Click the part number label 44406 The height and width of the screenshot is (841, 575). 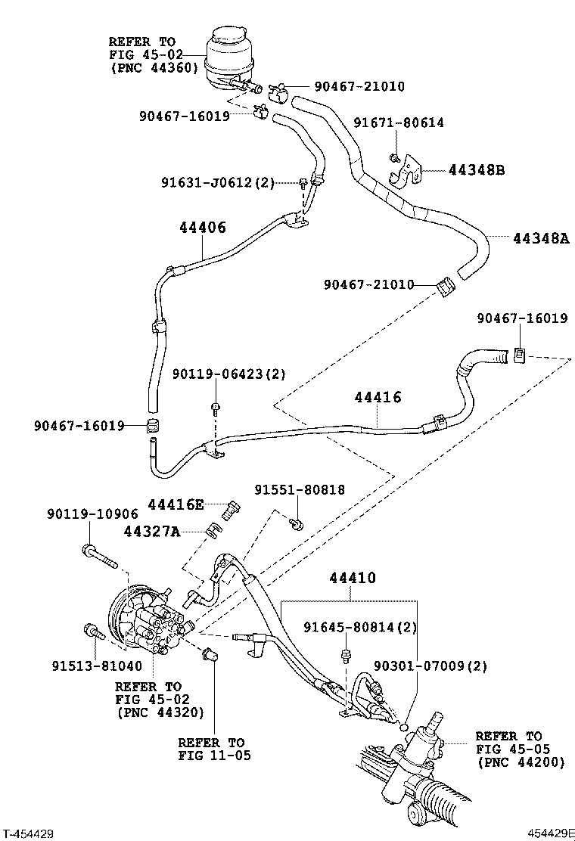tap(203, 227)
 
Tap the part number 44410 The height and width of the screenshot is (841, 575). tap(353, 579)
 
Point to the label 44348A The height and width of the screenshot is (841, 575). tap(540, 238)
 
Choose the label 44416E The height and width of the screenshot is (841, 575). tap(176, 504)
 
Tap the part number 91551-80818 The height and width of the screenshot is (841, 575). tap(299, 490)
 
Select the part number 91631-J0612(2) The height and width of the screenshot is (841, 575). tap(218, 182)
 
